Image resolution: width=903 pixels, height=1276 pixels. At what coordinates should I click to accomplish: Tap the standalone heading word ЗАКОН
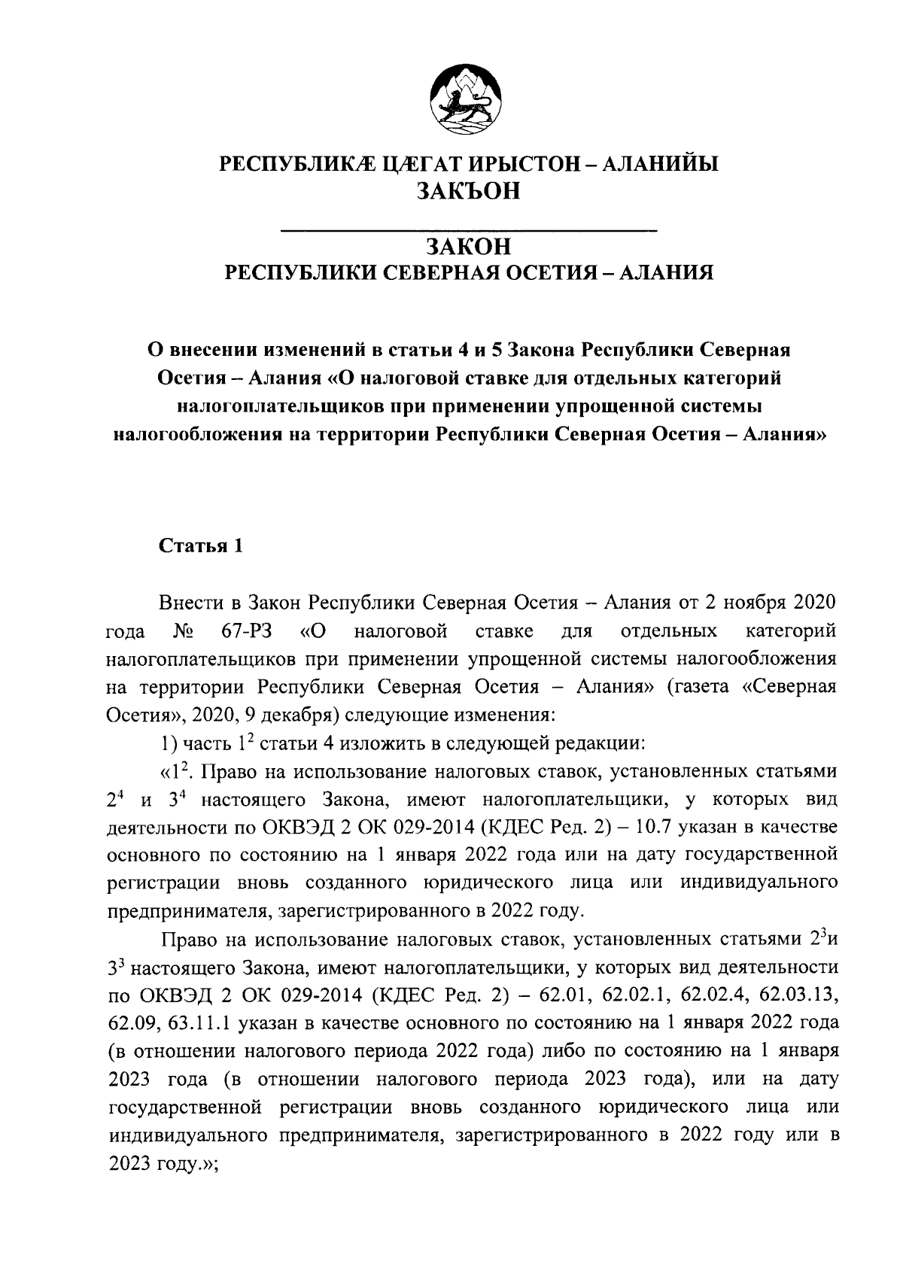click(x=468, y=246)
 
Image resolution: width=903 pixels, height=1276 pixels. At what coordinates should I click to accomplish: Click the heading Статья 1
click(x=200, y=546)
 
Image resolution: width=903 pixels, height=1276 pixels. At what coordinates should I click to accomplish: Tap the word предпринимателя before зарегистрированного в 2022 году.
click(x=190, y=911)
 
